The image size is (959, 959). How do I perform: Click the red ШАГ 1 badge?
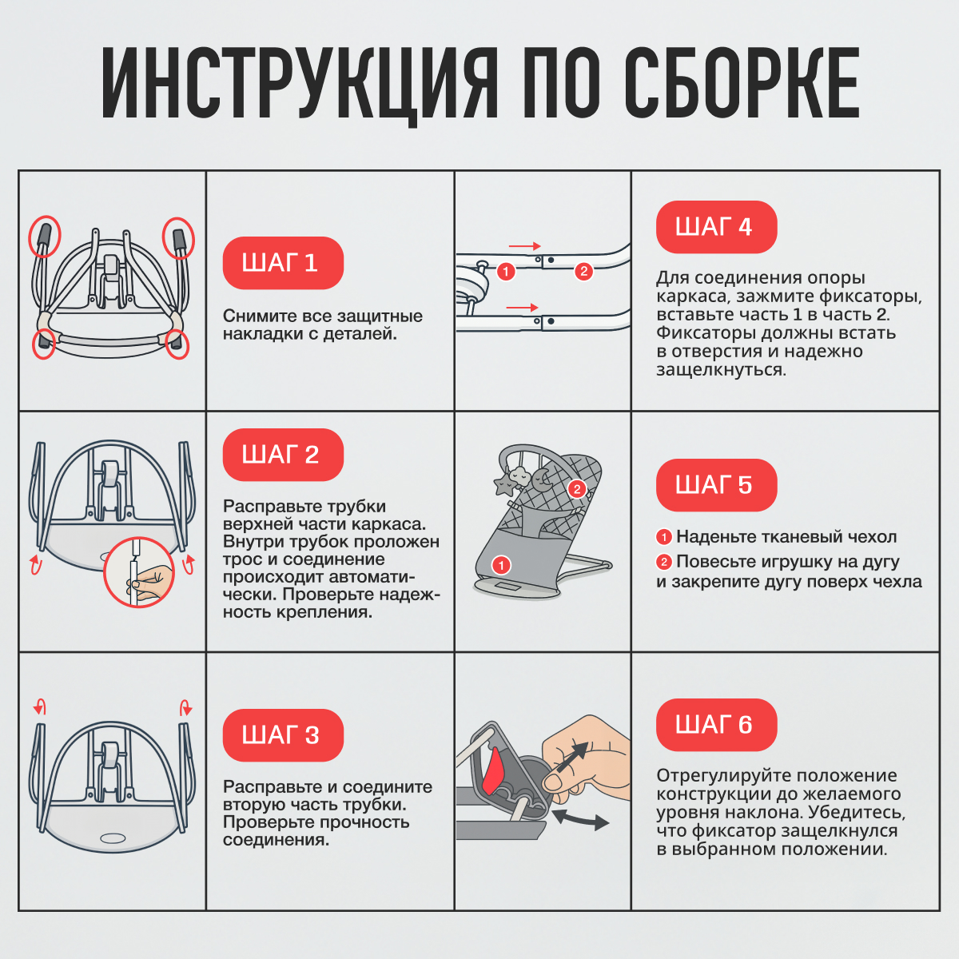[282, 263]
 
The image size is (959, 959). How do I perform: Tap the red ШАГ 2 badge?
[282, 455]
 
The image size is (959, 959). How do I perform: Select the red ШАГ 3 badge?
[282, 735]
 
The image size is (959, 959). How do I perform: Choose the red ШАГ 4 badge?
[715, 227]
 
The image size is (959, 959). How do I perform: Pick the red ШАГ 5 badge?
[715, 485]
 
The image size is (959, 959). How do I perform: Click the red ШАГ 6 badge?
[715, 725]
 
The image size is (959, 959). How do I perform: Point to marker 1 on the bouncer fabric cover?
[501, 566]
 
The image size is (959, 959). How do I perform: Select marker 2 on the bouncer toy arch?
[576, 489]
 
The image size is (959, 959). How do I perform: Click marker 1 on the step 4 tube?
[505, 272]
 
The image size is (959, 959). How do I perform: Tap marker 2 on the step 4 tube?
[583, 272]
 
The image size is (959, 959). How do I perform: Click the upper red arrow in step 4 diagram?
[524, 246]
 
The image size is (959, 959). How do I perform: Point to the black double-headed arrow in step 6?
[580, 819]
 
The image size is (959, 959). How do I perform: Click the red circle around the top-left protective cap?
[45, 237]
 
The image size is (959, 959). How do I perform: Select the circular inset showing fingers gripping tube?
[140, 572]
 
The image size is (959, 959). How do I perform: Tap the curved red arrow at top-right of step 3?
[186, 706]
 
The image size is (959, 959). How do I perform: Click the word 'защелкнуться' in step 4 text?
[721, 370]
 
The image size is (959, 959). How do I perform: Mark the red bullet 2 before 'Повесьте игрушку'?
[663, 562]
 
